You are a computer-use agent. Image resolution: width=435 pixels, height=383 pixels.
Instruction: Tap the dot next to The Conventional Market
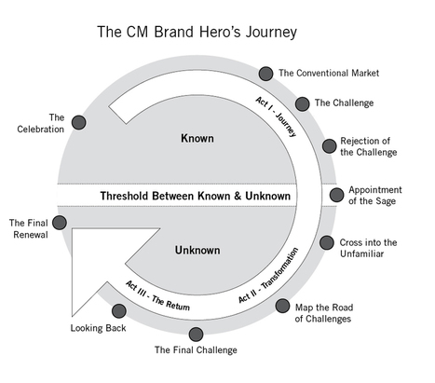(x=265, y=73)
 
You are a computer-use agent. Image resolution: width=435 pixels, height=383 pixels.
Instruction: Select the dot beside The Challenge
(x=303, y=103)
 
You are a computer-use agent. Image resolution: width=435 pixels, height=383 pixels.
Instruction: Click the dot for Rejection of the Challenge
(x=329, y=145)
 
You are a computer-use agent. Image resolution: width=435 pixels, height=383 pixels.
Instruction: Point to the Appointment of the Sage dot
(x=337, y=195)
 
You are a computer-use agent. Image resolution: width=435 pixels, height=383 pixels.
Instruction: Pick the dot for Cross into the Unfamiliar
(x=327, y=242)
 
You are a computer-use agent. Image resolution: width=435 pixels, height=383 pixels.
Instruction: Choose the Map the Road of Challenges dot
(x=282, y=305)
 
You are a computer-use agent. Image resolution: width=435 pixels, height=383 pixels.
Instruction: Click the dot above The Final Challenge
(x=196, y=334)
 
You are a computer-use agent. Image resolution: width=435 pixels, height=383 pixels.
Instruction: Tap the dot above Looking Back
(x=118, y=310)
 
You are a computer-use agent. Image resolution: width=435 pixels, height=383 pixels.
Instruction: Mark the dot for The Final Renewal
(x=60, y=222)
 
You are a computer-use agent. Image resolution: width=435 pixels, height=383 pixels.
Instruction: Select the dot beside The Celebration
(x=79, y=122)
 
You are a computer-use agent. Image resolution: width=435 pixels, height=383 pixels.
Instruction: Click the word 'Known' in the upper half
(x=197, y=139)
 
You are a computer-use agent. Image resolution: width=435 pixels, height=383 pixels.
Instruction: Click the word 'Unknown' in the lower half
(x=197, y=250)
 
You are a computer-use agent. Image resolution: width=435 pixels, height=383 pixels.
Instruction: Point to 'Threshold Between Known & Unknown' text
(x=196, y=196)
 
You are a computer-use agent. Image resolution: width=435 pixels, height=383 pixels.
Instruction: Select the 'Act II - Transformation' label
(x=270, y=276)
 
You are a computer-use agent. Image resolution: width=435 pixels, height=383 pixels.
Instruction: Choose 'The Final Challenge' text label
(x=196, y=350)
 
